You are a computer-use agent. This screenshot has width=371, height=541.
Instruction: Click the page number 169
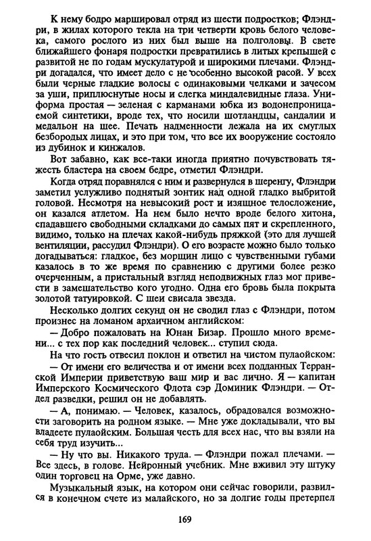186,519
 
